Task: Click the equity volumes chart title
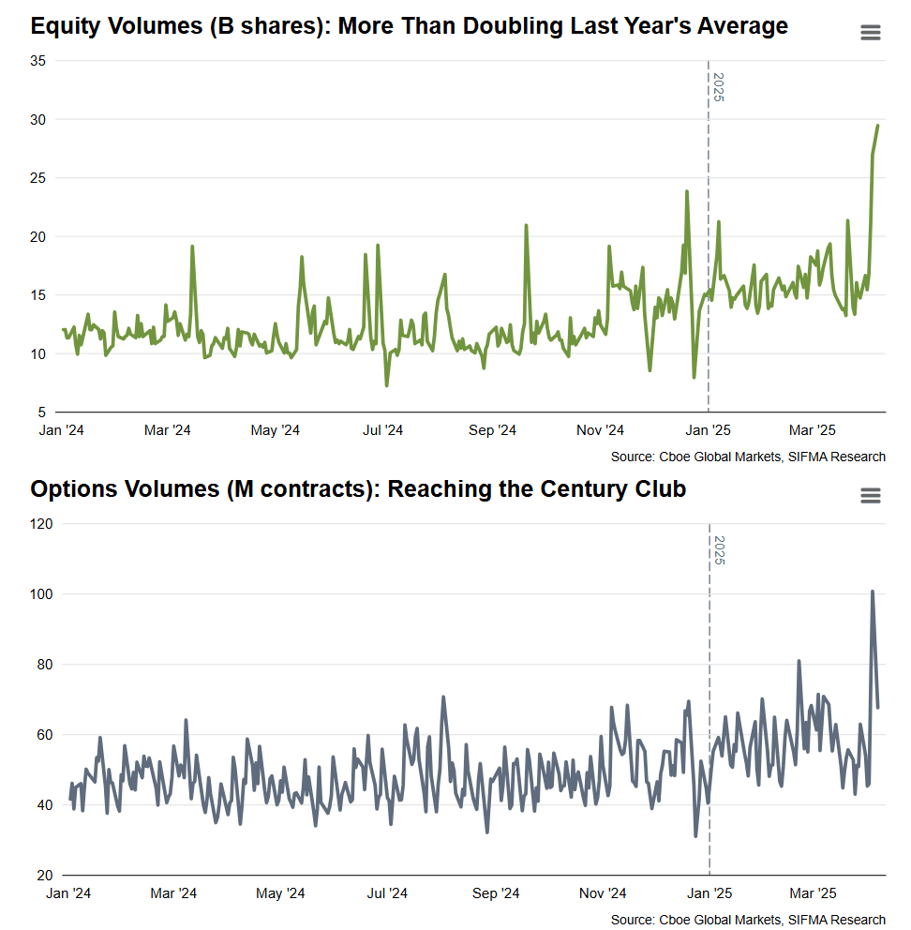point(409,25)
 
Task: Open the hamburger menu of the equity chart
point(870,33)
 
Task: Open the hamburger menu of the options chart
point(870,495)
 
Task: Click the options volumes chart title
point(358,488)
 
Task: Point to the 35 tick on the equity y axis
point(38,61)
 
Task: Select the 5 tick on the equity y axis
point(42,412)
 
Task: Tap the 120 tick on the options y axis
point(39,524)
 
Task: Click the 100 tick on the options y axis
point(39,594)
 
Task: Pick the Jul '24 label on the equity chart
point(382,431)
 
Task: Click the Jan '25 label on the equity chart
point(709,431)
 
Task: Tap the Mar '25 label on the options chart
point(814,894)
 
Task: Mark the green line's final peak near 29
point(877,126)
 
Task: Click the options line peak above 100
point(872,592)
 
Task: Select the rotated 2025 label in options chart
point(719,550)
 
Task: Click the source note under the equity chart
point(747,457)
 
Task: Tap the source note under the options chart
point(747,920)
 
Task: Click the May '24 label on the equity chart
point(276,431)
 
